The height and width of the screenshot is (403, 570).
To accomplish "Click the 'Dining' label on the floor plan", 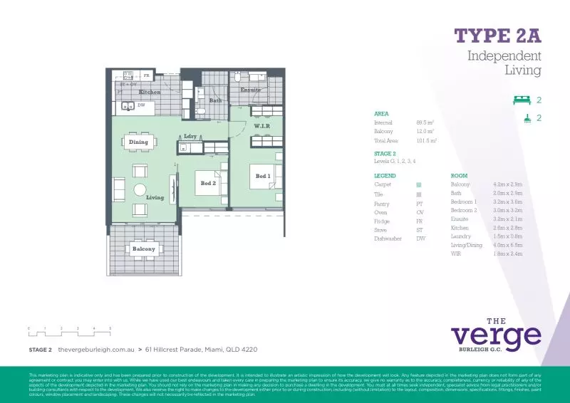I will pyautogui.click(x=138, y=142).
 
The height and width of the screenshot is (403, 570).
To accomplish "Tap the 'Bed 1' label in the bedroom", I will pyautogui.click(x=263, y=176).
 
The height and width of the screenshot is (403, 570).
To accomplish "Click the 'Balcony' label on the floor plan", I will pyautogui.click(x=143, y=248).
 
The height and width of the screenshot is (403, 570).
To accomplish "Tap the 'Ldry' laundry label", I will pyautogui.click(x=190, y=136).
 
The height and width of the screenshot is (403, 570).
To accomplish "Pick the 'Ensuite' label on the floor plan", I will pyautogui.click(x=251, y=90).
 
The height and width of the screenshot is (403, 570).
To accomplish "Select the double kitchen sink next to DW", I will pyautogui.click(x=128, y=106).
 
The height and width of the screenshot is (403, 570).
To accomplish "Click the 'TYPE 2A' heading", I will pyautogui.click(x=497, y=36).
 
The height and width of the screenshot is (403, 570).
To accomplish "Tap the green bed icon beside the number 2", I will pyautogui.click(x=523, y=100).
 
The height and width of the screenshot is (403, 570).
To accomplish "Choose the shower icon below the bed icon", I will pyautogui.click(x=527, y=119).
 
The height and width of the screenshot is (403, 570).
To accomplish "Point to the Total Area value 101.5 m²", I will pyautogui.click(x=426, y=141).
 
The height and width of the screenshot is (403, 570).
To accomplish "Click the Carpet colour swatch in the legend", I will pyautogui.click(x=419, y=184).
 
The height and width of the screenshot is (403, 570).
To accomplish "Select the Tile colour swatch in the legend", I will pyautogui.click(x=419, y=194).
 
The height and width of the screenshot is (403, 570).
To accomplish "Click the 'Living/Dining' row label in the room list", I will pyautogui.click(x=466, y=244).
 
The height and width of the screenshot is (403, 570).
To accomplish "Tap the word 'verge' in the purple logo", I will pyautogui.click(x=496, y=336).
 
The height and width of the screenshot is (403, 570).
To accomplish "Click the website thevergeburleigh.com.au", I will pyautogui.click(x=96, y=350).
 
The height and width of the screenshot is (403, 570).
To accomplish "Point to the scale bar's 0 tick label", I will pyautogui.click(x=29, y=328).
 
